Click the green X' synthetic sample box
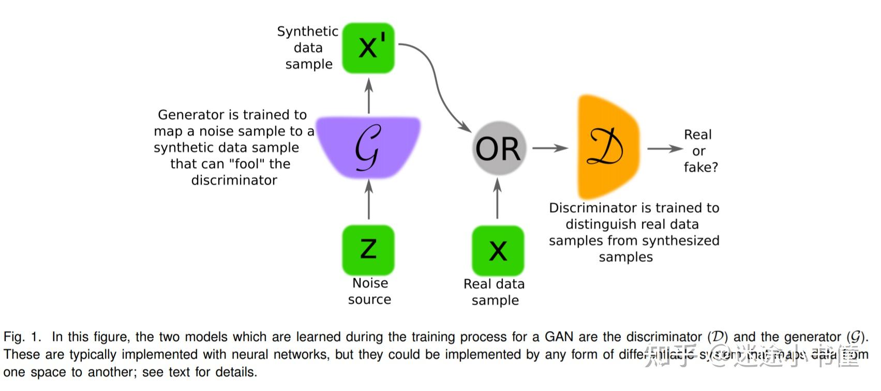368,48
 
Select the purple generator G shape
368,148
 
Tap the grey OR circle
498,148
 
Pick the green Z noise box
368,250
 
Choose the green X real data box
498,251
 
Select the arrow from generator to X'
369,96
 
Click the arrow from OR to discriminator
550,148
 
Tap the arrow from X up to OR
498,199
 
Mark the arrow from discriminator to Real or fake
664,149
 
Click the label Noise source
370,291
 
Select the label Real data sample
495,292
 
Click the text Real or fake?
700,151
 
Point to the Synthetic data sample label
308,48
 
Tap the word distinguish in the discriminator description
596,224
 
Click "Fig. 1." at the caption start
22,337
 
